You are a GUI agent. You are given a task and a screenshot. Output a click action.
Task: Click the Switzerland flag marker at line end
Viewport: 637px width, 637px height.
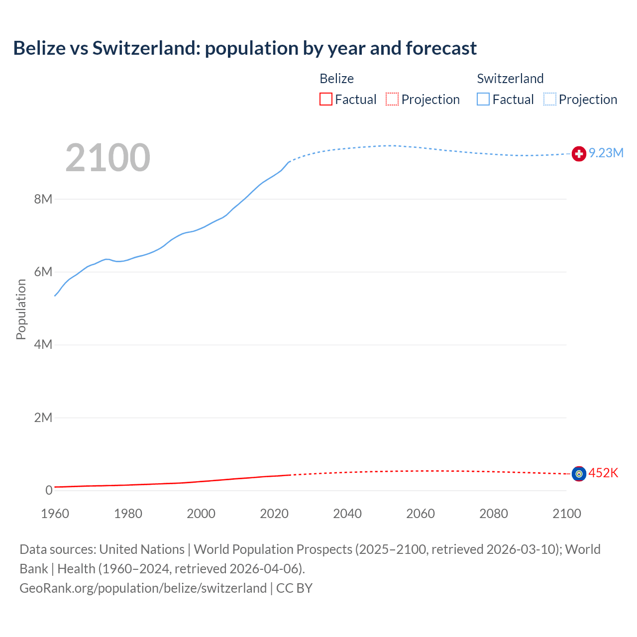point(579,154)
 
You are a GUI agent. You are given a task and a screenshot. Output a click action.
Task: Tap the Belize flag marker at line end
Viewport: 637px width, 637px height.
point(579,474)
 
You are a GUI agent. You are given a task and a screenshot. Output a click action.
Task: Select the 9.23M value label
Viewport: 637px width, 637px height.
point(606,153)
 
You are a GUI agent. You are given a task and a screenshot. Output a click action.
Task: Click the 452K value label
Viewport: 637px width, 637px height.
point(603,473)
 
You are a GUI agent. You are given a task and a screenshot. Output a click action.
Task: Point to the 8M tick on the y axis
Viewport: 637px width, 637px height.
point(43,200)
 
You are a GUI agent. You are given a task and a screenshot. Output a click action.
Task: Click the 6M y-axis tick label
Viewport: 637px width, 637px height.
point(43,272)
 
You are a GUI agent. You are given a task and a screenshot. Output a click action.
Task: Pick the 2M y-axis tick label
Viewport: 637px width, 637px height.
point(43,418)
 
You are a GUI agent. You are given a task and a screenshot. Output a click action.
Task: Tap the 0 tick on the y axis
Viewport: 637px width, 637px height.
point(49,491)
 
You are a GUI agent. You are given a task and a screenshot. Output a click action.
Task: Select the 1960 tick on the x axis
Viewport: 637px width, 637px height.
point(55,514)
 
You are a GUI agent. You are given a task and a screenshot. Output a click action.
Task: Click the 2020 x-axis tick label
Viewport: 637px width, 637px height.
point(274,514)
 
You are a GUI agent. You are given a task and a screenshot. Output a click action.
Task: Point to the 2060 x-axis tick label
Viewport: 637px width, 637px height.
point(421,514)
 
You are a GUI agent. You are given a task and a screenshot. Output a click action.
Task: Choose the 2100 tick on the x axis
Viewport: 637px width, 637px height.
point(566,514)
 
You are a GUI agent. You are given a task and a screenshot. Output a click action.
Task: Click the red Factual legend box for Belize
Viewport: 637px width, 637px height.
point(326,100)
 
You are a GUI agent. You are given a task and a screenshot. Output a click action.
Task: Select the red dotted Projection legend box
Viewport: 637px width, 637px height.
point(392,100)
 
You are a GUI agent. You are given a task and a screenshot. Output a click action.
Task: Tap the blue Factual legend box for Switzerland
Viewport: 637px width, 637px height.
point(483,100)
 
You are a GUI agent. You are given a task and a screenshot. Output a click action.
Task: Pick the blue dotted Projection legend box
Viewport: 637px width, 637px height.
point(550,100)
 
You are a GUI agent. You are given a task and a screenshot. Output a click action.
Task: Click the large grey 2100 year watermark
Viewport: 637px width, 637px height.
point(108,158)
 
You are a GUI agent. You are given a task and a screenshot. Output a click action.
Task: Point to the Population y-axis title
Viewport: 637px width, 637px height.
point(21,309)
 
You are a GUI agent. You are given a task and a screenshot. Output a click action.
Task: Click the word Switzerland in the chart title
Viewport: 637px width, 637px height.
point(146,48)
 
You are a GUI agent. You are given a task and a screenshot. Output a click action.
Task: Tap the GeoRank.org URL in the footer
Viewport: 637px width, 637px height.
point(143,588)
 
